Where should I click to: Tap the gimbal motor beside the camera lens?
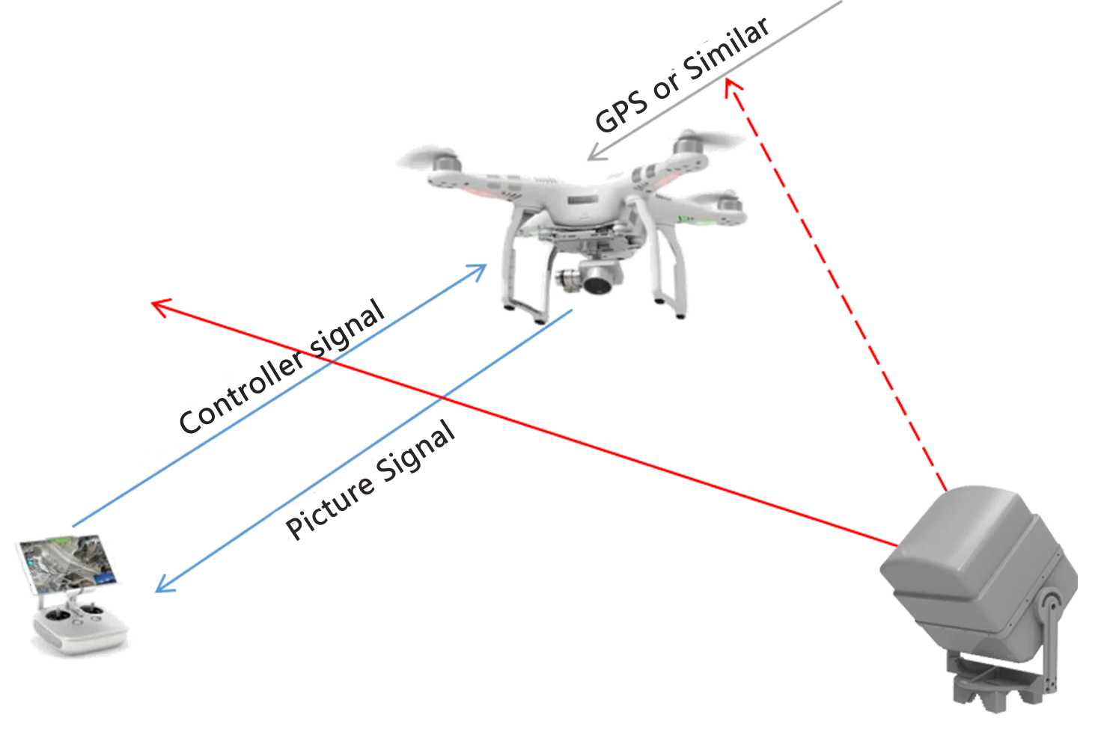571,279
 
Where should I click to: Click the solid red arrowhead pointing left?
161,305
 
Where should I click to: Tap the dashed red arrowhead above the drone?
734,91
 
